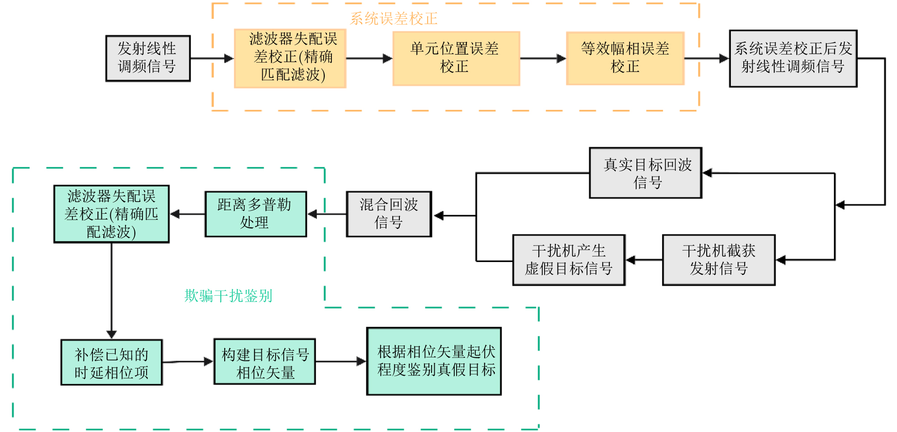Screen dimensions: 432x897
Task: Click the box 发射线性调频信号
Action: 148,58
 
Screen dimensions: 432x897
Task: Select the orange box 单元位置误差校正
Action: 456,58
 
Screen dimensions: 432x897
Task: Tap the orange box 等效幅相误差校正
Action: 625,58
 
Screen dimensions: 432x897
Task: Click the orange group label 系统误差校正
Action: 393,19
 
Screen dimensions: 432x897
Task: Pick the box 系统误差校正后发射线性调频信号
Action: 793,58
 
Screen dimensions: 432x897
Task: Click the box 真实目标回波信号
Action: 646,173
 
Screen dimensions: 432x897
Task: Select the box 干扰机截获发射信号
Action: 718,260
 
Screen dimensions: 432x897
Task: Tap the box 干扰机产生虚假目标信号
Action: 569,260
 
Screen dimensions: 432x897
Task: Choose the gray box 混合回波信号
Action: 389,214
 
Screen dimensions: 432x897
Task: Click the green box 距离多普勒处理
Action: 256,214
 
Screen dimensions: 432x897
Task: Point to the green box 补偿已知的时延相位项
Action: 112,362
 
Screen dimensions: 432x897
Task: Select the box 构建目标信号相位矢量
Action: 265,362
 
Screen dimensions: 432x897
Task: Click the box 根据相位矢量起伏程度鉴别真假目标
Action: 434,361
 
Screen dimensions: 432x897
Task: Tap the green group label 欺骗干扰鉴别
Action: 228,296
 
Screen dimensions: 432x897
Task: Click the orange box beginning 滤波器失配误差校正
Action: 290,58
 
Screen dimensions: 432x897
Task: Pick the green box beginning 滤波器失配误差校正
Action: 112,214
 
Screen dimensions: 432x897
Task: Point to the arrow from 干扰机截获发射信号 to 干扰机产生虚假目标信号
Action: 644,260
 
